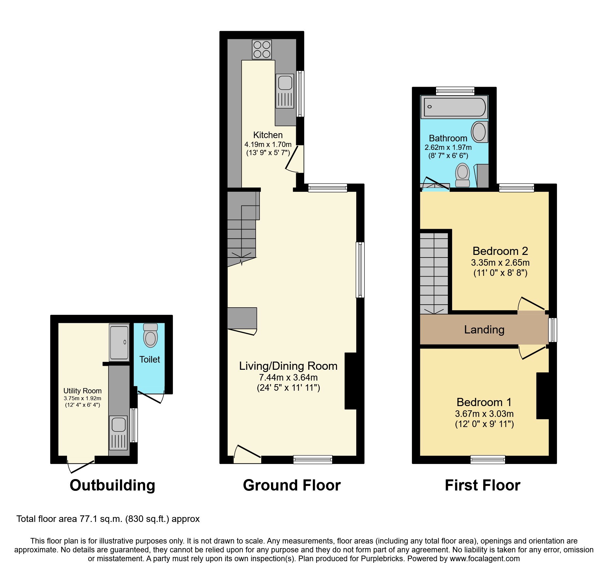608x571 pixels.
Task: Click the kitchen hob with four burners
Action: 262,49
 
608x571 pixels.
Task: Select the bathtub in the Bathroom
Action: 454,107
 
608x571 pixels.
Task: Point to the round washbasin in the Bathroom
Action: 480,132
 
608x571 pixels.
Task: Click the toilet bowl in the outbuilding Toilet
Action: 150,337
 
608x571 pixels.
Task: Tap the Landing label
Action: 484,330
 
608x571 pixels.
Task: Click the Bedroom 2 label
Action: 500,251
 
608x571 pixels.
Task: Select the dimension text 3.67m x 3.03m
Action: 484,414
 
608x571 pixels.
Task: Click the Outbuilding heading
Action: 112,485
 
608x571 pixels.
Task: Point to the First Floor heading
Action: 482,485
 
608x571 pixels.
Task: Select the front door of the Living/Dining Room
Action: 247,453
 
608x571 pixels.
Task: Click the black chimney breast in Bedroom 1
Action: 543,396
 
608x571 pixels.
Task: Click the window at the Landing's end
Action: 552,330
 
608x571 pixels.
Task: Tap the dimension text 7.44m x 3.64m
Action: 288,377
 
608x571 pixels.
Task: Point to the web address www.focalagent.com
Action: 484,559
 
